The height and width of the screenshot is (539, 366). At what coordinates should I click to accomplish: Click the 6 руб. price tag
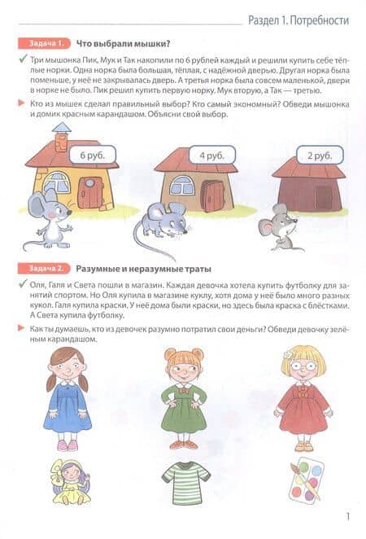pos(93,155)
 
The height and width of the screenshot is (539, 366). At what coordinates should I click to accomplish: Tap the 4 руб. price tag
pos(212,156)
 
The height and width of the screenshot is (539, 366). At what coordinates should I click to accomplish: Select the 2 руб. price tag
pos(320,156)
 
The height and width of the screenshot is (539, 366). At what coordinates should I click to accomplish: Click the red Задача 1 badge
pos(44,44)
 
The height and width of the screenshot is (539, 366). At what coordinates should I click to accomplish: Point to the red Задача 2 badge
pos(44,269)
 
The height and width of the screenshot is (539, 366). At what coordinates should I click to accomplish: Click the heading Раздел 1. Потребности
pos(298,20)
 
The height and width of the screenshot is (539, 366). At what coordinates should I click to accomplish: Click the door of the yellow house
pos(90,193)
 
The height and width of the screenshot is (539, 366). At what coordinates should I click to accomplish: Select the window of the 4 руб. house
pos(181,186)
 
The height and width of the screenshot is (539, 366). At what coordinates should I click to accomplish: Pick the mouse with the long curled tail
pos(159,227)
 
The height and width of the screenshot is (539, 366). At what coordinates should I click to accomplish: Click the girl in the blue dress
pos(68,398)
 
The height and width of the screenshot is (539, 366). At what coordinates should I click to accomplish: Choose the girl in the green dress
pos(184,398)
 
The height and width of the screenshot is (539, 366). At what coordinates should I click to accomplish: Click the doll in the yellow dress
pos(70,481)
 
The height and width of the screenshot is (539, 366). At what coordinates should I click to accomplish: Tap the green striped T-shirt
pos(185,480)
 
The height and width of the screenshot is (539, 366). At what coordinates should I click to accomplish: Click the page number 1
pos(348,516)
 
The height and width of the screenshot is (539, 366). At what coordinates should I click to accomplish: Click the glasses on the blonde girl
pos(303,366)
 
